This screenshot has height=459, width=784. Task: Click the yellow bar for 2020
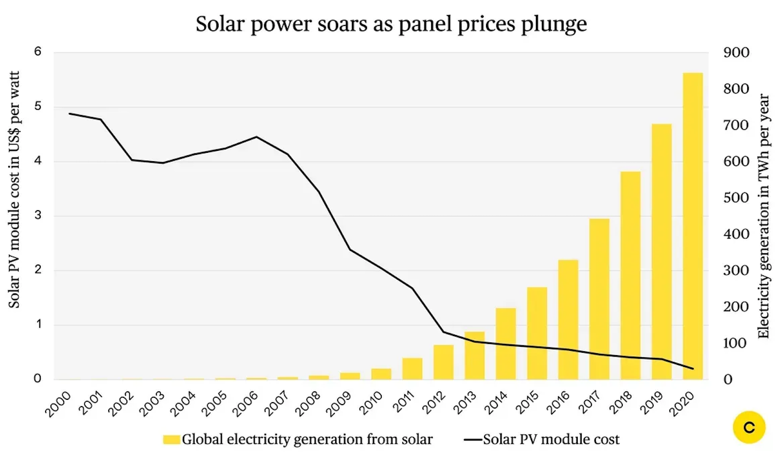[692, 225]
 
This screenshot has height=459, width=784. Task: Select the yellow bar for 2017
[599, 299]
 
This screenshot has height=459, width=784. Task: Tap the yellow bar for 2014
[506, 343]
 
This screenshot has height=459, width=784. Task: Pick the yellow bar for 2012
[443, 362]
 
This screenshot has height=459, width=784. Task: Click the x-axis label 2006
[245, 404]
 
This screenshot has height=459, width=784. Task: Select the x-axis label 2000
[58, 404]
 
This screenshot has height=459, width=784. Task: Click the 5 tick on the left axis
[38, 107]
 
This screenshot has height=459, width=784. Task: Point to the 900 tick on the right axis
[736, 52]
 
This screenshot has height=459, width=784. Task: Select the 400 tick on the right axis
[736, 234]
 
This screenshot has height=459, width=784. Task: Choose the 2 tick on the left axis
[38, 270]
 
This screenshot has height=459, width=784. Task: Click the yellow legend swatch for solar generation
[171, 439]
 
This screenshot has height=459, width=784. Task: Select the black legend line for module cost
[473, 439]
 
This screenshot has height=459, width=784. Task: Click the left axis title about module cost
[14, 190]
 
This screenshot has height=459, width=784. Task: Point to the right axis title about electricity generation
[763, 216]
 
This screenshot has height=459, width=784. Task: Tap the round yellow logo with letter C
[749, 428]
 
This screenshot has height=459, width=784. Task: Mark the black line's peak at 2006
[257, 137]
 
